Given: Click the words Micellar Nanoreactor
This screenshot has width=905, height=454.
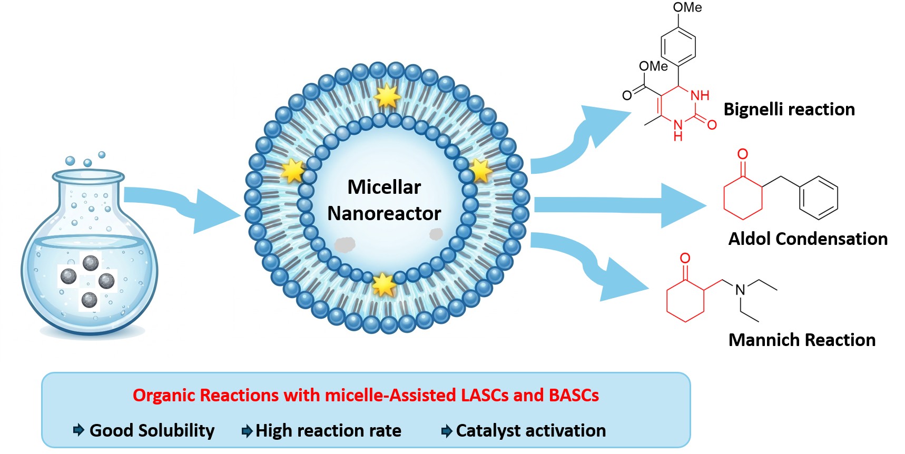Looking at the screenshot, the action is click(x=384, y=200).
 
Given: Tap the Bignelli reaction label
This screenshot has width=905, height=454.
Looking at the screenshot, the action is click(x=789, y=110).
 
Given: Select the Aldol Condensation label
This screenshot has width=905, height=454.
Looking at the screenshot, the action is click(x=808, y=239).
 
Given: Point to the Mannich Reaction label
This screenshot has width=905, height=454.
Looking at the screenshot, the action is click(x=802, y=340).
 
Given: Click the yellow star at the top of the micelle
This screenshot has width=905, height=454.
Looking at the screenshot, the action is click(x=387, y=96).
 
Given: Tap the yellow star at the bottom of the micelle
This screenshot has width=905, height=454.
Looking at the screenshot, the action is click(x=383, y=285).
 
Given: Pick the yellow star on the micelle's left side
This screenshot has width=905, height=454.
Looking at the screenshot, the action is click(x=293, y=171).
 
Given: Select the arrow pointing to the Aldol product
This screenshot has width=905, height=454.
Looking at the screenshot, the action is click(x=619, y=205).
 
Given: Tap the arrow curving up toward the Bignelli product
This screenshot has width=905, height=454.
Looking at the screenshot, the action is click(x=579, y=142).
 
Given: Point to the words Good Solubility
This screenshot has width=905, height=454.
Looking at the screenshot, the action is click(x=152, y=431).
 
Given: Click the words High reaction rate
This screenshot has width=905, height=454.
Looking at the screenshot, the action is click(x=328, y=431).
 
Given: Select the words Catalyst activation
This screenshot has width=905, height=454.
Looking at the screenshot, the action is click(x=531, y=431).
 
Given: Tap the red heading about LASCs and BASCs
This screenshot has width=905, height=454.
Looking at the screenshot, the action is click(x=366, y=395).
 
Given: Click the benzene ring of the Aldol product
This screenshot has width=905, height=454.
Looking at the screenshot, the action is click(x=819, y=198).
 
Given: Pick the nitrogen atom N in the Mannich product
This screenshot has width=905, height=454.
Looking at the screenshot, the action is click(x=740, y=290).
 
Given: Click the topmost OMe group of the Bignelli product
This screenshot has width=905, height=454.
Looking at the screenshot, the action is click(x=687, y=7).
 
